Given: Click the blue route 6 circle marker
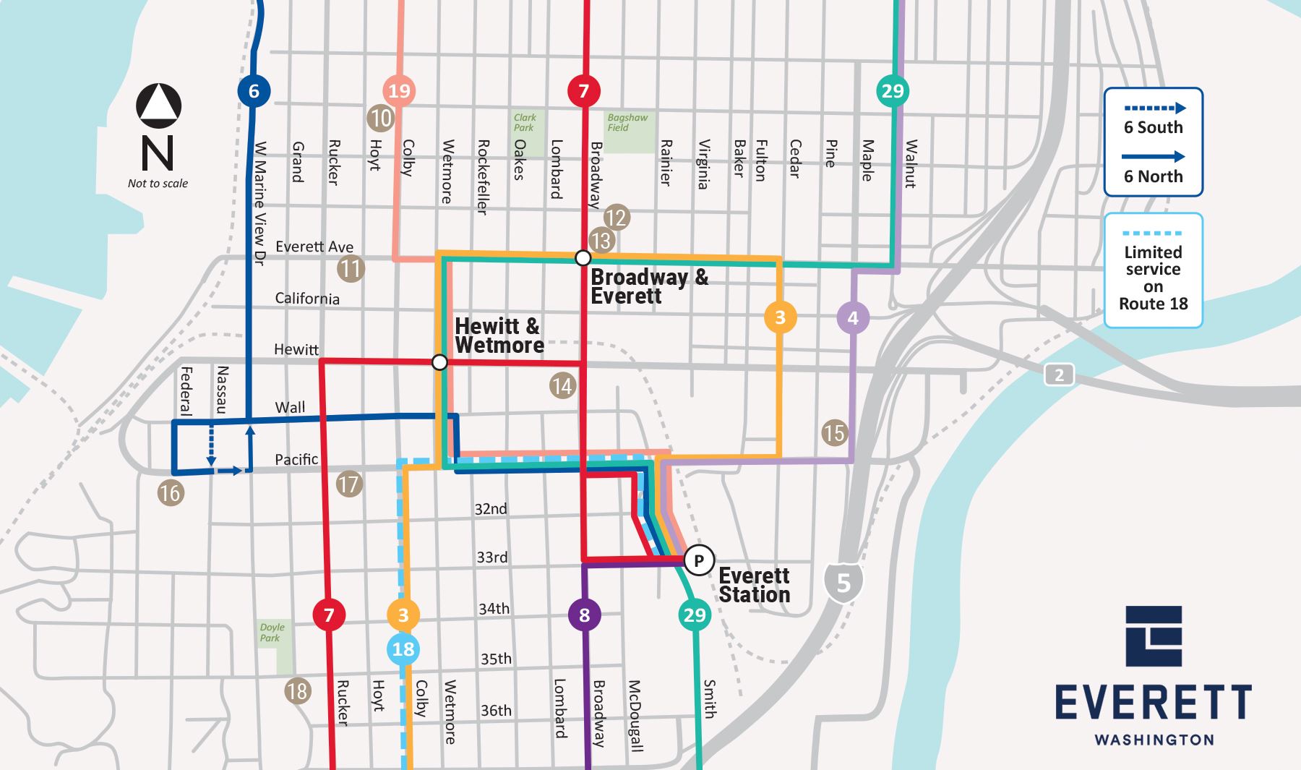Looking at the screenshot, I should (254, 91).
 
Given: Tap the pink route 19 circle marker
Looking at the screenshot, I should (399, 91).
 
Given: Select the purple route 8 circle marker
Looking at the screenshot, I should (584, 615).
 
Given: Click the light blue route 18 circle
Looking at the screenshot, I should (403, 649).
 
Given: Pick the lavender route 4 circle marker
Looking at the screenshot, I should (853, 318).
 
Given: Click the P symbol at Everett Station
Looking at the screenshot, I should (698, 560).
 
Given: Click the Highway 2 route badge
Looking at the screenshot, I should (1059, 375).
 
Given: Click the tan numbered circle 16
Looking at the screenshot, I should (171, 493).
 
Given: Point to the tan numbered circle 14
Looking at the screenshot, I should (562, 386).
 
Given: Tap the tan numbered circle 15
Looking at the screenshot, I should (834, 432).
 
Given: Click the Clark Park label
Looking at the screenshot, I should (525, 122).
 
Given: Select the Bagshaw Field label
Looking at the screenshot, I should (627, 122).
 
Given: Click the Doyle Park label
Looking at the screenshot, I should (272, 633).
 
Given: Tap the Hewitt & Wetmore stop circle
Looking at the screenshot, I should (439, 362).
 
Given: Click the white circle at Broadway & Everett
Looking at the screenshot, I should (583, 258).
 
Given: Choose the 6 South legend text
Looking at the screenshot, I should (1153, 127).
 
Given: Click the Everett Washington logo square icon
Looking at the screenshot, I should (1154, 636).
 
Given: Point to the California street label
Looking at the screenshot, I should (306, 299).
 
